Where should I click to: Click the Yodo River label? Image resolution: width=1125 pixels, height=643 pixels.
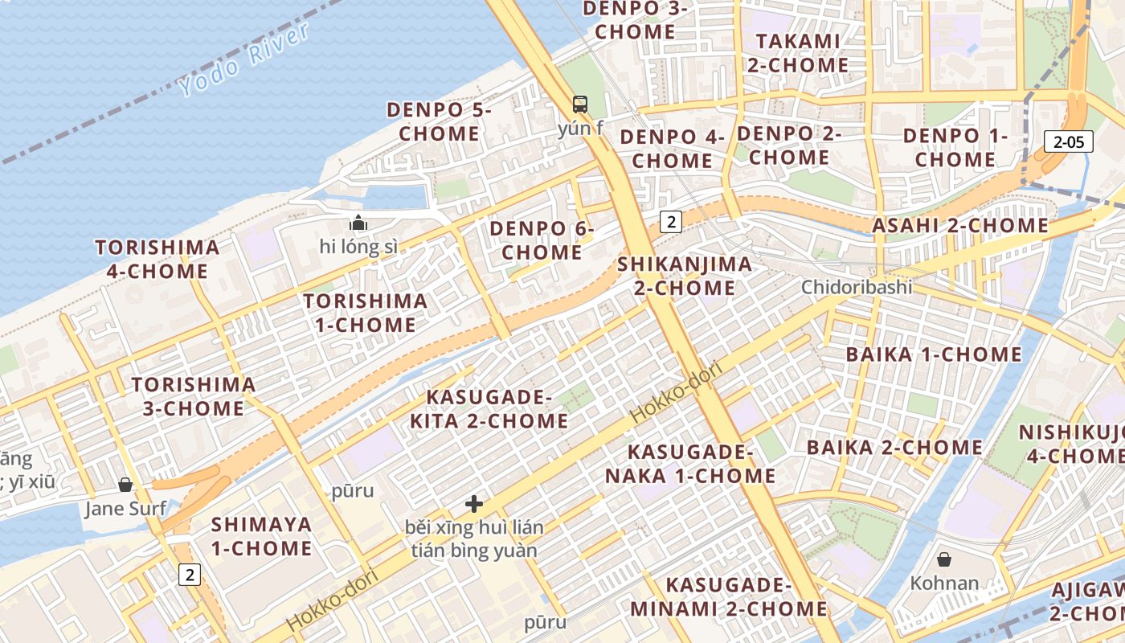tap(244, 60)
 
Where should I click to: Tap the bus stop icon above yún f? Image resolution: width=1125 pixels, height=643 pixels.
tap(579, 104)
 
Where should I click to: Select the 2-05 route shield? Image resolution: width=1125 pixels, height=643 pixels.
tap(1070, 142)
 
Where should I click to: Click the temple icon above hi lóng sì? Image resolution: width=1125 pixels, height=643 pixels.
tap(358, 223)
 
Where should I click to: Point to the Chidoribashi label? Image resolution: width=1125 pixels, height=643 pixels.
tap(857, 287)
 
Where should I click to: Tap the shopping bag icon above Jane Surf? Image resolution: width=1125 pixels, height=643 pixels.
tap(125, 485)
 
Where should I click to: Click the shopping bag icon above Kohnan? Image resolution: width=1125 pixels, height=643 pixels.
tap(944, 559)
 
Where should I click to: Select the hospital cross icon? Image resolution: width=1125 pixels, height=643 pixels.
tap(474, 504)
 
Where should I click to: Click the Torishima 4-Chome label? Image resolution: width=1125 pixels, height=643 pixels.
tap(157, 259)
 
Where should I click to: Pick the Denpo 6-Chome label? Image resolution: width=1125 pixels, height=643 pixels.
tap(542, 240)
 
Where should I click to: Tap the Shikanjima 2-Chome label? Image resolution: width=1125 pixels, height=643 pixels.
tap(685, 276)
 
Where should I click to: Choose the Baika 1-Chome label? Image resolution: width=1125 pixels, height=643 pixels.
tap(934, 354)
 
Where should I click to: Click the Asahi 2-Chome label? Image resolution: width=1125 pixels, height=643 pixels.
tap(960, 226)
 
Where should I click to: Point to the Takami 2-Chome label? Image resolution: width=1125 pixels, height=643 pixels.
tap(798, 53)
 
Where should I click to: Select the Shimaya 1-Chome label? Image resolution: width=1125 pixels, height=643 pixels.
tap(261, 537)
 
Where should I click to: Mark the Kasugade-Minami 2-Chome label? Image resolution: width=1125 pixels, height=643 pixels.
tap(729, 596)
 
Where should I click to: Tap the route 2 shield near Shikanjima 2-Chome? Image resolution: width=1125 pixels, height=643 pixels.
tap(671, 222)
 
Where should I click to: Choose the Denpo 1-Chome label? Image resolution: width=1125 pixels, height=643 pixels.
tap(955, 147)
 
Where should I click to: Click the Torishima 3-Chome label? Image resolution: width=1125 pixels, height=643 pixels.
tap(194, 396)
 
